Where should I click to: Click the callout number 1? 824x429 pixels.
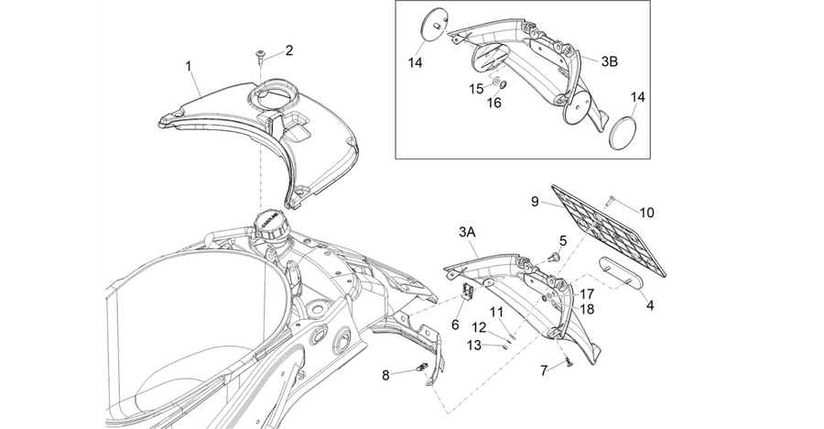188,66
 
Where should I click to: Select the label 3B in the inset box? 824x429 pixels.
609,61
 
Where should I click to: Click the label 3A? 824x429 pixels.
467,232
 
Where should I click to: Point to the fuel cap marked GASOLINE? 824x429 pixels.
271,226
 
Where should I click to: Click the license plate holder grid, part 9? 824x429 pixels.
609,230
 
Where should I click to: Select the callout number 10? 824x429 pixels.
647,213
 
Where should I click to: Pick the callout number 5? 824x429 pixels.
563,241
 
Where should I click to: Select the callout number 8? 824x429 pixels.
385,376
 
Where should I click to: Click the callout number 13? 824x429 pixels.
474,345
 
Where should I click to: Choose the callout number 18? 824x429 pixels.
586,309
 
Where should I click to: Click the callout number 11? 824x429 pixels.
496,313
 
